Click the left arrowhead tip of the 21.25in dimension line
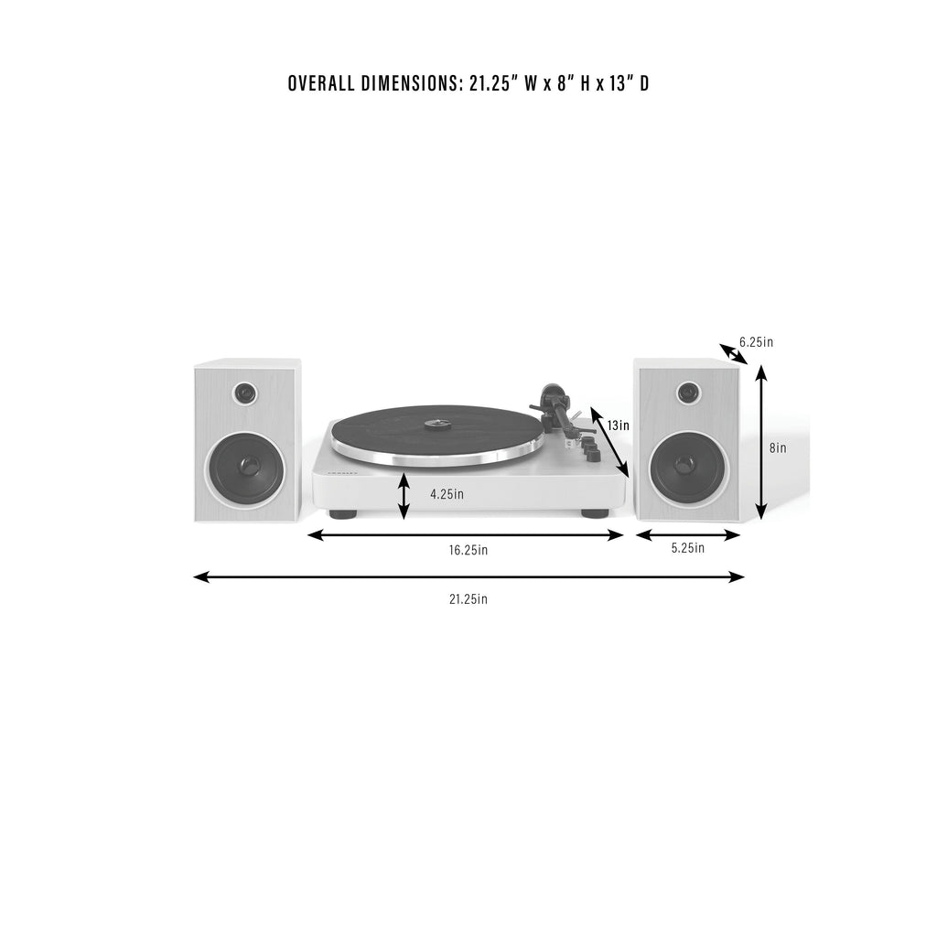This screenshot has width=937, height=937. click(194, 576)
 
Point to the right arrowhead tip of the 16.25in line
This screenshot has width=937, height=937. click(624, 535)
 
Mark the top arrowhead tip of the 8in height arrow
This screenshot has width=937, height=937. click(760, 364)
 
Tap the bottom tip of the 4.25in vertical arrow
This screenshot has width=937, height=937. click(404, 519)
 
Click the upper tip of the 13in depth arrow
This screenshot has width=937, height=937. click(592, 407)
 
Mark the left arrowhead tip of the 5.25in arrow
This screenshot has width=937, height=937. click(636, 535)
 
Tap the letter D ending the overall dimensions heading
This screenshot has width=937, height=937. click(644, 83)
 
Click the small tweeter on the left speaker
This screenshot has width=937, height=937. click(245, 393)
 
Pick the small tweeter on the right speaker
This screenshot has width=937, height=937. click(687, 393)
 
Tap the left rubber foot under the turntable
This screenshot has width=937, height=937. click(343, 513)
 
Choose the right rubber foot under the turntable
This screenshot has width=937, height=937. click(595, 513)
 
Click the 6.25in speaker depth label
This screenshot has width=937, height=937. click(756, 342)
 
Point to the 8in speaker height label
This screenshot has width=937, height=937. click(778, 447)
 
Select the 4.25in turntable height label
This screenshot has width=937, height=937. click(447, 494)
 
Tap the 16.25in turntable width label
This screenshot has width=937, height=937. click(468, 550)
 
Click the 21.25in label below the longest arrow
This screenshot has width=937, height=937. click(468, 598)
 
